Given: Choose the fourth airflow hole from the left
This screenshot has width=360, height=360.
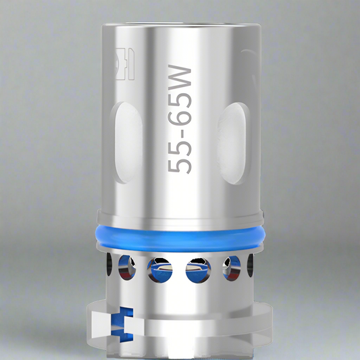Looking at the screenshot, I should point(197,272).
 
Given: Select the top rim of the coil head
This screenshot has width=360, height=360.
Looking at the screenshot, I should point(179,27).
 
